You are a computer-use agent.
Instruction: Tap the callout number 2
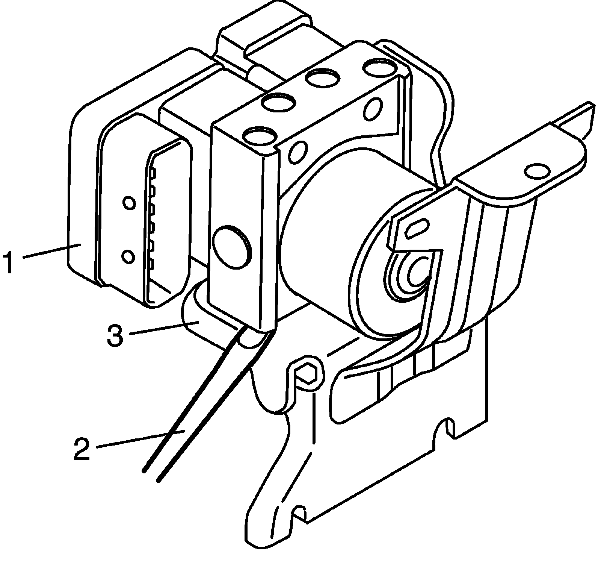pyautogui.click(x=82, y=449)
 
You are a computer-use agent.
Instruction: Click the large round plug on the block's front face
pyautogui.click(x=231, y=247)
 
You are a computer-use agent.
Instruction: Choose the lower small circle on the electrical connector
pyautogui.click(x=128, y=257)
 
